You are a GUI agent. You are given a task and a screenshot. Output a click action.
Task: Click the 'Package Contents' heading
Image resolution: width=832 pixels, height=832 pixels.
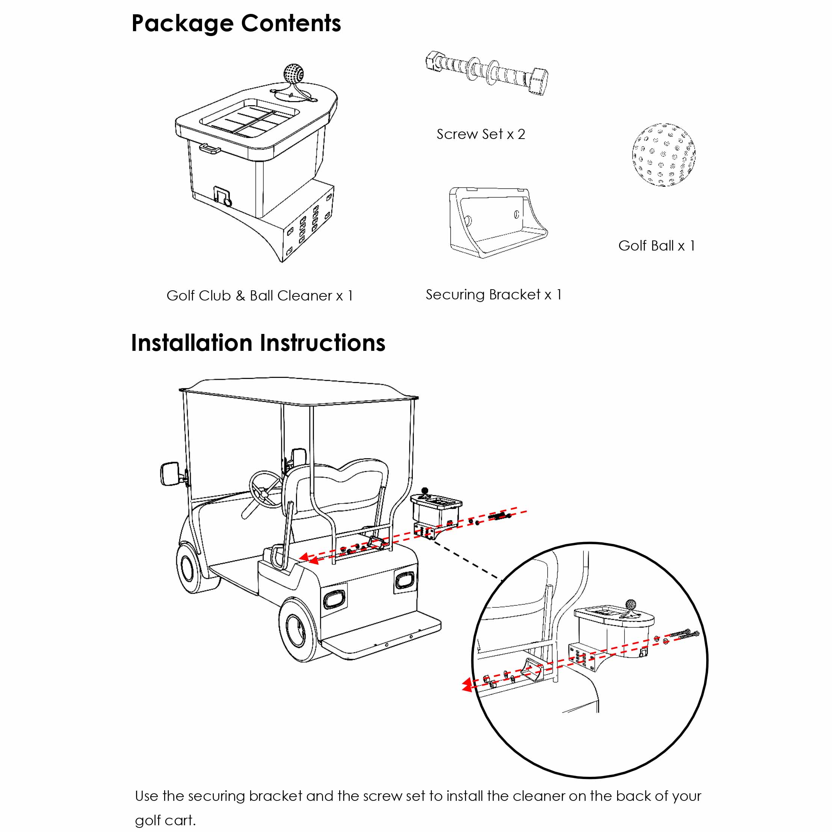coord(236,23)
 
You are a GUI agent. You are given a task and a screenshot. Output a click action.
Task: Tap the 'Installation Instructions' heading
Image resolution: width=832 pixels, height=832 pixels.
coord(258,343)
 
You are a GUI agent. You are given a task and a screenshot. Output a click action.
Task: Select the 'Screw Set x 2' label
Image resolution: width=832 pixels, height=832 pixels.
coord(480,134)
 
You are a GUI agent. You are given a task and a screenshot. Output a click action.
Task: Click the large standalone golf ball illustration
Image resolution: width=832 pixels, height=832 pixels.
coord(663,155)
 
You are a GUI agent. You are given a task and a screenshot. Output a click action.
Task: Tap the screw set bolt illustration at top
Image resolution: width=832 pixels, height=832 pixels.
coord(487,72)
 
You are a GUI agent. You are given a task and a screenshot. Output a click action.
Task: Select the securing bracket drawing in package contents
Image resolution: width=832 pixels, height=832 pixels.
coord(495,222)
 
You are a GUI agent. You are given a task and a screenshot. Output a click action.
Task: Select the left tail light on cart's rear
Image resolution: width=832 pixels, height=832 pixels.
coord(334,599)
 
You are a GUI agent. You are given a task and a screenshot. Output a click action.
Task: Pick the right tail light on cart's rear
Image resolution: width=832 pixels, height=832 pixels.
coord(404,580)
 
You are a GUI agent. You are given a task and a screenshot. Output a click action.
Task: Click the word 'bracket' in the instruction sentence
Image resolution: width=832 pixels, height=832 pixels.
coord(276,796)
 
